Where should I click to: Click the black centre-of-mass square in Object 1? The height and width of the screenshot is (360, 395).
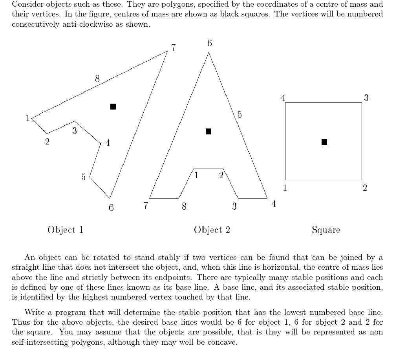click(113, 106)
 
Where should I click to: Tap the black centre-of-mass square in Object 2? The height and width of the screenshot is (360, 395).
click(208, 132)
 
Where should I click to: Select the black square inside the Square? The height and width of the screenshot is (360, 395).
click(324, 142)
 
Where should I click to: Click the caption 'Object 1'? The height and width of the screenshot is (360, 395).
click(65, 230)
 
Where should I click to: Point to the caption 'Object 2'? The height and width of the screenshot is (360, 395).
click(212, 230)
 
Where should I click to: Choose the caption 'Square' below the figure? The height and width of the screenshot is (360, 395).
click(326, 230)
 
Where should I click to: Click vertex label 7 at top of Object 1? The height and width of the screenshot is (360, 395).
click(174, 48)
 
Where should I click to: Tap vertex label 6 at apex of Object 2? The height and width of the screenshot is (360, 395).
click(209, 43)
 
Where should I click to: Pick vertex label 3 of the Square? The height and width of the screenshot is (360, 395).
click(366, 98)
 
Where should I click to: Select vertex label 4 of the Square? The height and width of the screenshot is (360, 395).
click(283, 98)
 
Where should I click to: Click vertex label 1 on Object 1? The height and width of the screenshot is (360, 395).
click(27, 118)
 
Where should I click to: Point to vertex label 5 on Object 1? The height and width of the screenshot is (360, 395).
click(83, 177)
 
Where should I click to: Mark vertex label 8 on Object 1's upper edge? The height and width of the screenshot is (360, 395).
click(97, 79)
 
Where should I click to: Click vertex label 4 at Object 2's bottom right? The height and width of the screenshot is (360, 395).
click(274, 204)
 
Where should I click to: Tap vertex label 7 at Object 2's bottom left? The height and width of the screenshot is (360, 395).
click(146, 205)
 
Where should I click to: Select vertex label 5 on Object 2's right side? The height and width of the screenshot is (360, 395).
click(240, 115)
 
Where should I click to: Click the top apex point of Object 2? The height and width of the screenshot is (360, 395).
click(208, 53)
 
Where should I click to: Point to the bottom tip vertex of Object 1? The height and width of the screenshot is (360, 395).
click(110, 198)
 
